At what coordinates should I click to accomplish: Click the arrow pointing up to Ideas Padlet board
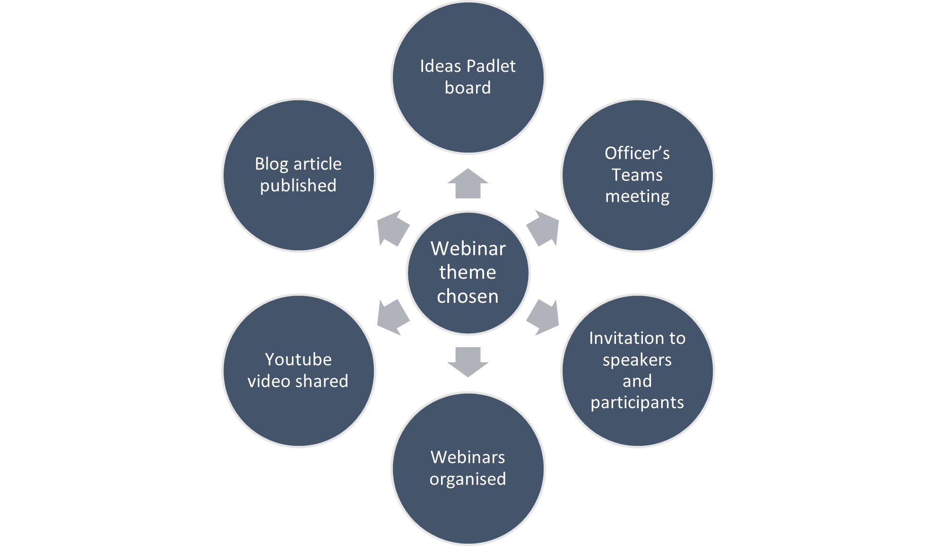[x=468, y=184]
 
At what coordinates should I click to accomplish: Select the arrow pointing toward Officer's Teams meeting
[x=543, y=228]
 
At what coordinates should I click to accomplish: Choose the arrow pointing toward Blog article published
[x=393, y=228]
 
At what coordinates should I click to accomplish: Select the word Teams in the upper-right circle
[x=637, y=175]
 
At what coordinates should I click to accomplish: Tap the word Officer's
[x=637, y=153]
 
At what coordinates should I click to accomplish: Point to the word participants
[x=637, y=402]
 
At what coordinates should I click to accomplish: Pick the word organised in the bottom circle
[x=468, y=479]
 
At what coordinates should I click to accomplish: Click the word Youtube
[x=298, y=359]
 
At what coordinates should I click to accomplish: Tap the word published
[x=298, y=186]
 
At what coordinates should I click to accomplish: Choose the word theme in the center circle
[x=468, y=273]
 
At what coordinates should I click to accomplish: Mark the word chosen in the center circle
[x=468, y=297]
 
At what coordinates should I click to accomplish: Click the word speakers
[x=637, y=360]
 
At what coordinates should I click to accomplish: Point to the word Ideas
[x=440, y=66]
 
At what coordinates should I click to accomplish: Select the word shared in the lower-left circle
[x=326, y=381]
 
